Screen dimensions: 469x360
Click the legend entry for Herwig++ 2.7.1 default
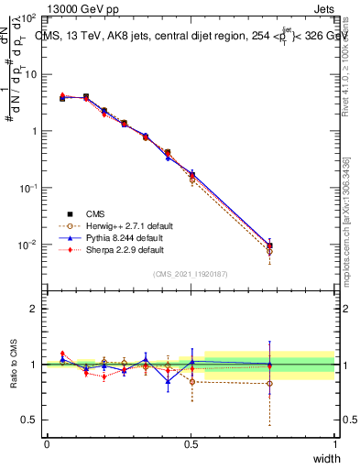click(122, 225)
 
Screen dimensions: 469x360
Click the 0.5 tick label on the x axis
click(191, 443)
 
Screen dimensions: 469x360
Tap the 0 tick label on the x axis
click(47, 443)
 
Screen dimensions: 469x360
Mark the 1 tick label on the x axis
click(334, 443)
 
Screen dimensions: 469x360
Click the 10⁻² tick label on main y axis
click(28, 245)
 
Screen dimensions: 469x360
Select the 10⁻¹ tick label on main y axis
click(28, 188)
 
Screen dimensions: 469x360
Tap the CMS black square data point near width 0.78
click(269, 245)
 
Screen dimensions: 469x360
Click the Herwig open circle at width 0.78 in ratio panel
click(269, 383)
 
